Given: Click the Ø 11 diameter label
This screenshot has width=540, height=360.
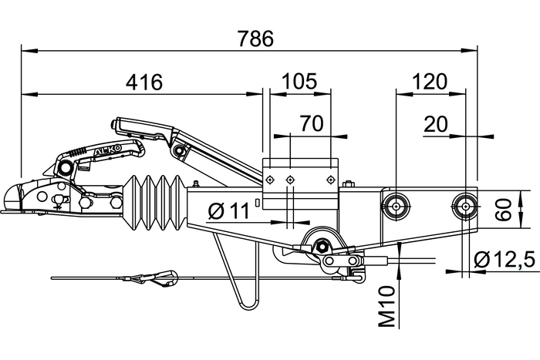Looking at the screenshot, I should pyautogui.click(x=229, y=210).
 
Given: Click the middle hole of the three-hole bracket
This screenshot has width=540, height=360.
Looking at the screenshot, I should pyautogui.click(x=291, y=180).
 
